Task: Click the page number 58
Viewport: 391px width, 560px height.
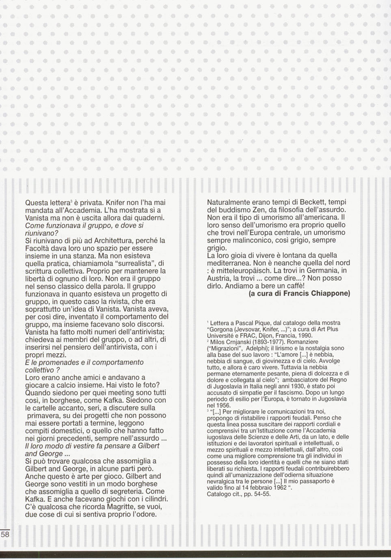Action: click(5, 534)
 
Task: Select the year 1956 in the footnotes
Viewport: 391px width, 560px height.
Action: click(224, 405)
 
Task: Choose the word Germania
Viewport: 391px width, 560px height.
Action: click(323, 270)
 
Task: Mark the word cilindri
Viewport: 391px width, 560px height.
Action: click(154, 499)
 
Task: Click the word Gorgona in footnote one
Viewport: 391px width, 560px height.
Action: click(223, 329)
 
